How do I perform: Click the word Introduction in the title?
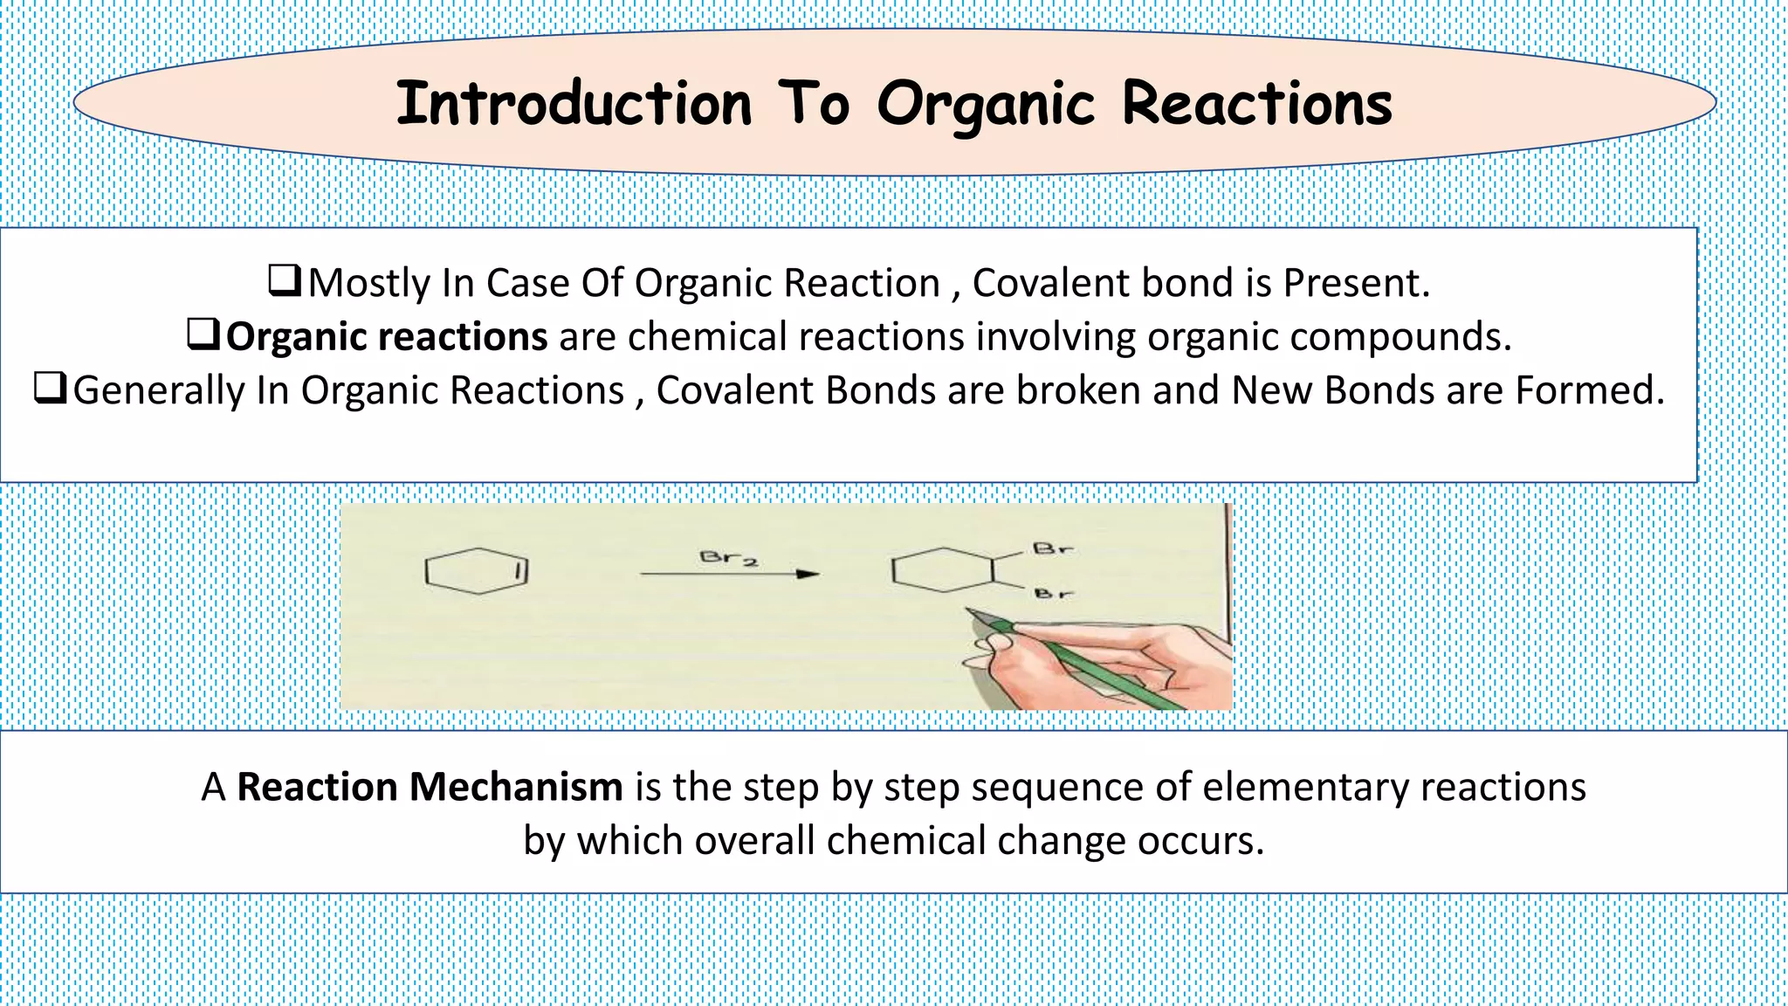click(574, 104)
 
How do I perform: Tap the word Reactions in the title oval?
click(1256, 104)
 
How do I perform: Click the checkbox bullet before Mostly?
click(285, 280)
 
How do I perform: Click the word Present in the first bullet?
click(1355, 283)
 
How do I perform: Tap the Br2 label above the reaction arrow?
click(727, 557)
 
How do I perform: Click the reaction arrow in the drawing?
click(729, 574)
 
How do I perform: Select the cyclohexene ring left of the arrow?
click(477, 571)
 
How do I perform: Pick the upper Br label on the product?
click(1052, 549)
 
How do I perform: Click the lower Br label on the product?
click(1053, 594)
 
